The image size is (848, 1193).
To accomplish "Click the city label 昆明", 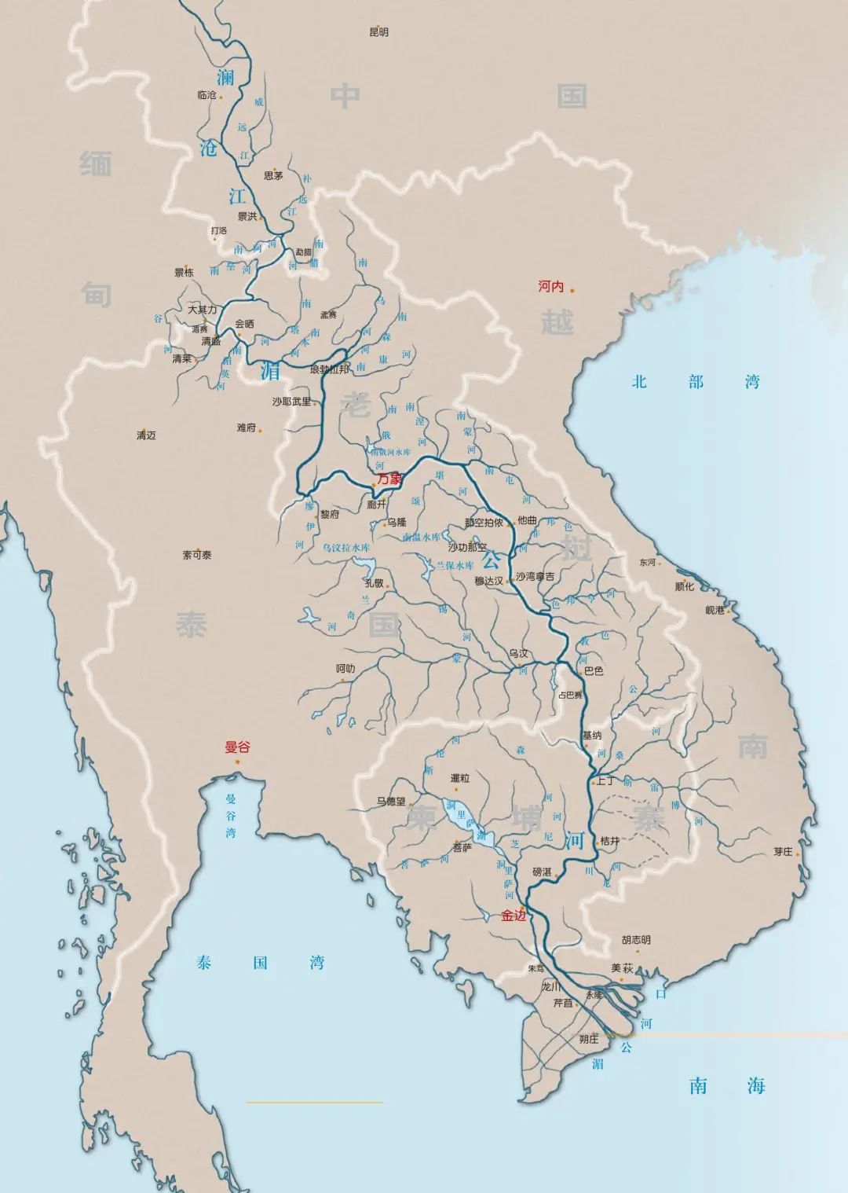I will click(x=378, y=32).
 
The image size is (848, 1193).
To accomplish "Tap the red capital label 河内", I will click(x=550, y=287).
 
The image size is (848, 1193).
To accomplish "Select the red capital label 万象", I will click(x=389, y=478).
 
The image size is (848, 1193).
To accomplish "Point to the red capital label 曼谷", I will click(x=236, y=747).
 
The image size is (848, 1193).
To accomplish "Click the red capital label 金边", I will click(x=514, y=916).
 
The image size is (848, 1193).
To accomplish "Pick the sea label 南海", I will click(x=727, y=1086).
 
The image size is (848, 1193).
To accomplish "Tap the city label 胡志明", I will click(x=636, y=940).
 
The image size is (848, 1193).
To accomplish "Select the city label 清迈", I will click(x=146, y=435).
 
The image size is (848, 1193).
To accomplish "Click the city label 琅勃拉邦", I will click(x=329, y=369).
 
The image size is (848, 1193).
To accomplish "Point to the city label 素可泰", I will click(x=197, y=555).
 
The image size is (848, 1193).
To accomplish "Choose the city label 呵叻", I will click(x=345, y=669).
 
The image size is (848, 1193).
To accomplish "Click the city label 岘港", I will click(x=715, y=610).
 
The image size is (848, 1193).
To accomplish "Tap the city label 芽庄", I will click(x=783, y=851).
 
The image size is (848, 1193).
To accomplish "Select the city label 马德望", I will click(x=390, y=802).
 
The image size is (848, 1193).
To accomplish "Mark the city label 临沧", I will click(x=207, y=95).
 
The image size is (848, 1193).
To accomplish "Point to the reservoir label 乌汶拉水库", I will click(x=345, y=547).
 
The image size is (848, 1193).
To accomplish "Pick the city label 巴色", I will click(x=594, y=671).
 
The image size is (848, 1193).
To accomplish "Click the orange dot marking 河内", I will click(x=572, y=290).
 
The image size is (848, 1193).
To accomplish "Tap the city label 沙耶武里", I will click(x=291, y=402).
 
